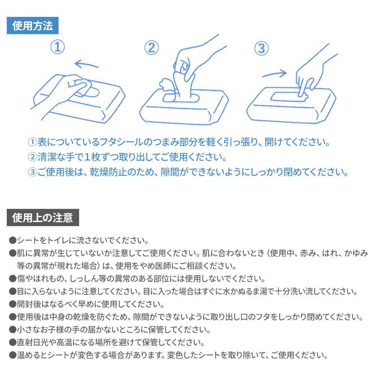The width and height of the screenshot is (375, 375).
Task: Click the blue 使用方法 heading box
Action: pos(33,25)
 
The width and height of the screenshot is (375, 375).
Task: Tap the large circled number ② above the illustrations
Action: pos(151,48)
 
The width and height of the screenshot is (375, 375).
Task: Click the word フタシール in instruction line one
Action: pos(121,142)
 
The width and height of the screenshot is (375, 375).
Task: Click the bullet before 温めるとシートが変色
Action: pos(12,355)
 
